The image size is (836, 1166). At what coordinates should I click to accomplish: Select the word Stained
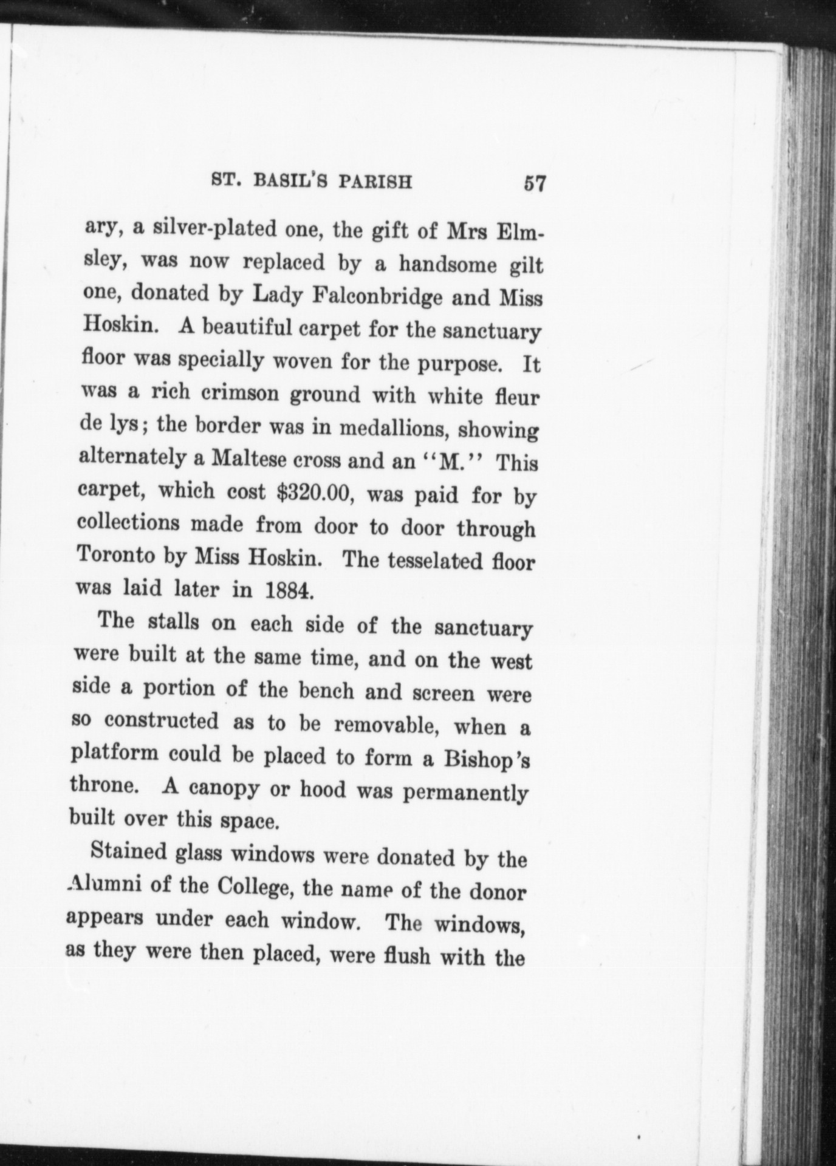point(128,851)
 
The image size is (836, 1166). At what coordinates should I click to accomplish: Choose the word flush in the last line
point(407,958)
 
